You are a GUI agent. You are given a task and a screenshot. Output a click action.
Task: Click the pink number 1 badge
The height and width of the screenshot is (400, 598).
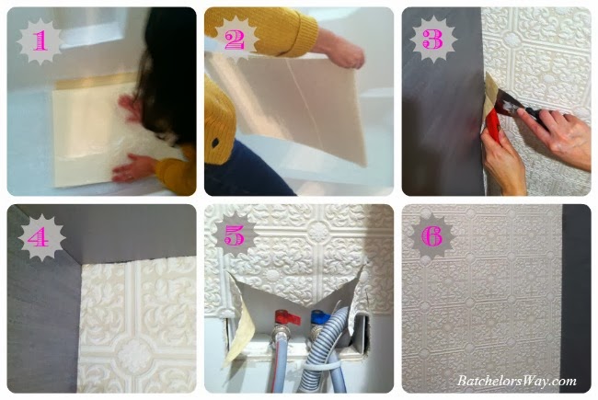pos(40,40)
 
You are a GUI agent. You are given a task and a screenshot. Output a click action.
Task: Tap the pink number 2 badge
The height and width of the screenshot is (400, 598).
pos(236,40)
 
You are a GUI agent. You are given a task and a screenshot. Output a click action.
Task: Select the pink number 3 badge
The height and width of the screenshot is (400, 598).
pos(433,40)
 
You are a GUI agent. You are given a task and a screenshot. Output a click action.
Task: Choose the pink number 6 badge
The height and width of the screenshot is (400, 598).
pos(433,237)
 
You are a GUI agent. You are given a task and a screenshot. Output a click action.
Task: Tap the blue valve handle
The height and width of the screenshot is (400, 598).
pos(320,316)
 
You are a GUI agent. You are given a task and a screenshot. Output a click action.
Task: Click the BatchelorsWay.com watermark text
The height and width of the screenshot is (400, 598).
pos(517,382)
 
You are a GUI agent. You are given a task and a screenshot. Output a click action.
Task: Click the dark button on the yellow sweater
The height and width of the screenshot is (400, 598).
pos(215,143)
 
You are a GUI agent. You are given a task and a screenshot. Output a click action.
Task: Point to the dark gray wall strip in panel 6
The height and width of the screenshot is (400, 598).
pos(576,297)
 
